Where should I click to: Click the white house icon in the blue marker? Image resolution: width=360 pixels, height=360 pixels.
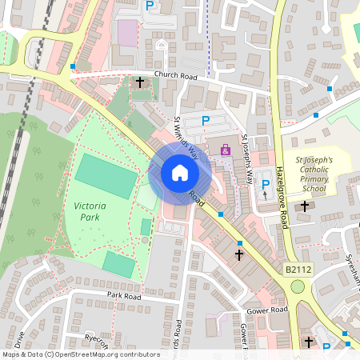[x=180, y=173]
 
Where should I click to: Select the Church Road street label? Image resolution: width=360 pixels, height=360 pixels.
[x=174, y=74]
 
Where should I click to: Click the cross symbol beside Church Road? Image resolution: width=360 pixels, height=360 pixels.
[x=140, y=82]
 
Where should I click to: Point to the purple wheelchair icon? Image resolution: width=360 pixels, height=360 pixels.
[x=226, y=150]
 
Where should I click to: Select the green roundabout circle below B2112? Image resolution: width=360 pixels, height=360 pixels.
[x=298, y=286]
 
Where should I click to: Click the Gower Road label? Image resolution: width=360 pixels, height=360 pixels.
[x=267, y=310]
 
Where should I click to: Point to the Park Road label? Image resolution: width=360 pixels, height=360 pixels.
[x=124, y=296]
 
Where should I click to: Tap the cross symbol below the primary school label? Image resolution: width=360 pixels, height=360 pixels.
[x=304, y=206]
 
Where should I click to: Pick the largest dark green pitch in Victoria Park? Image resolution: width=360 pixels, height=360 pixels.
[x=106, y=176]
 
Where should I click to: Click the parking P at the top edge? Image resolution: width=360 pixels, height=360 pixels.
[x=150, y=6]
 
